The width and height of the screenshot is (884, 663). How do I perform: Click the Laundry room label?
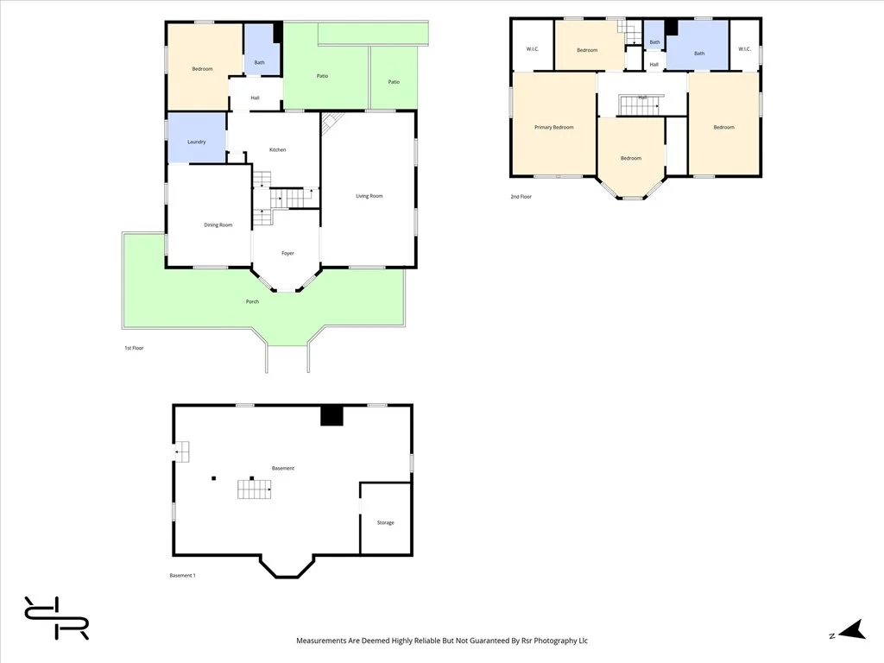pos(196,142)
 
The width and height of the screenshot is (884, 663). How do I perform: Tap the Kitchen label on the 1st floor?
pos(277,150)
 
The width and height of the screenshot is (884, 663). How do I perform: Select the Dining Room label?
pos(218,225)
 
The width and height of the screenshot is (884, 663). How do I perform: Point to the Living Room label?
pos(369,196)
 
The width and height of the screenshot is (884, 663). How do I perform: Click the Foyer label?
pos(287,254)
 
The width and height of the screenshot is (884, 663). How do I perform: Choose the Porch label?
pos(252,301)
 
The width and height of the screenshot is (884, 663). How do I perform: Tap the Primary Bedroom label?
pos(553,128)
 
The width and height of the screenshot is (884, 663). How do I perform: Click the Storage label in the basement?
pos(386,523)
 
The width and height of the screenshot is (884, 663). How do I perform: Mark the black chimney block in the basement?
pos(331,415)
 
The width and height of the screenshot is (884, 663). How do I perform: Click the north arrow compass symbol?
pos(852,630)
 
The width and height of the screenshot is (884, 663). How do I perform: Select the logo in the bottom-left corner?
pos(56,618)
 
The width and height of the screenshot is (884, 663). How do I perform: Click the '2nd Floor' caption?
pos(521,197)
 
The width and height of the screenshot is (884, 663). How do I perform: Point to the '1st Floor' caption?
pos(134,349)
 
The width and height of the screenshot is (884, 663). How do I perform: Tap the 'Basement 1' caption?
pos(183,576)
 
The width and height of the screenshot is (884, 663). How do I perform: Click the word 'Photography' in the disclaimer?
pos(555,641)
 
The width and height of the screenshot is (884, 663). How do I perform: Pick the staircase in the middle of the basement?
pos(255,489)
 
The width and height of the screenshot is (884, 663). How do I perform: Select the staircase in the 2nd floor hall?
pos(640,105)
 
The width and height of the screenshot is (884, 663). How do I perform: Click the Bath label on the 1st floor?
pos(259,62)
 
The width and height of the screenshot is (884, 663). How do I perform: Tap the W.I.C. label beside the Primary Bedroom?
pos(532,49)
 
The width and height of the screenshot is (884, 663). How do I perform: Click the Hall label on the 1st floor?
pos(255,98)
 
